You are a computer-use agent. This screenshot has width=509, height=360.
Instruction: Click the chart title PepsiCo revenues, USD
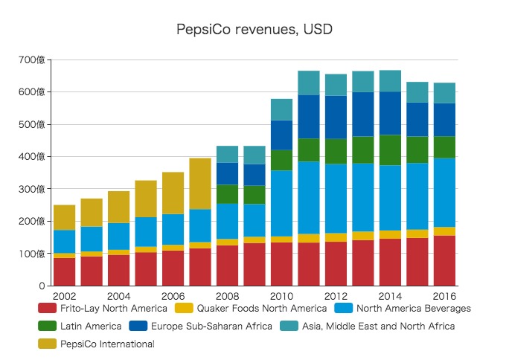click(x=254, y=30)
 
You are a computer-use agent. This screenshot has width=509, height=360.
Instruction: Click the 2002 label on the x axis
click(x=65, y=295)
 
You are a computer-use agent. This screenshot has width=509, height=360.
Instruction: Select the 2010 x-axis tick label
click(x=282, y=295)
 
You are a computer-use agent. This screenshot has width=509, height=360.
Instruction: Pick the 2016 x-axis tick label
click(x=445, y=295)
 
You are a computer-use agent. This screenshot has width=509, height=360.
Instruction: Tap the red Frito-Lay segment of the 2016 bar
click(x=445, y=261)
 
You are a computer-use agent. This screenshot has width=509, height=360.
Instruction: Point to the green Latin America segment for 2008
click(x=228, y=193)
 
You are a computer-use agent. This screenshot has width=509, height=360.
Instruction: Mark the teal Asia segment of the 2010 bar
click(x=282, y=109)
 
